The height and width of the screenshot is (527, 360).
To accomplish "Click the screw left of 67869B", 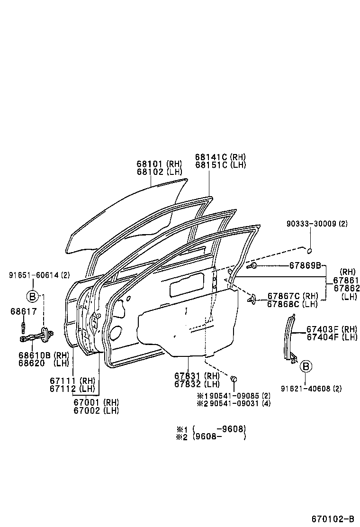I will point(254,265).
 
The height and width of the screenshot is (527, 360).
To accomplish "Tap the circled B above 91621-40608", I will point(306,366).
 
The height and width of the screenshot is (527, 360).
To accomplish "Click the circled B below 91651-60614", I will point(33,296).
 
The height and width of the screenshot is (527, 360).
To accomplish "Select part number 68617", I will point(22,311).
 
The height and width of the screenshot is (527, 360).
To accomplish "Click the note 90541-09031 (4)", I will point(233,403).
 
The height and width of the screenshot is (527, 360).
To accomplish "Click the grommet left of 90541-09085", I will point(234,379).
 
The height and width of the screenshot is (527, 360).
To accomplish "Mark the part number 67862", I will point(346,288).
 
